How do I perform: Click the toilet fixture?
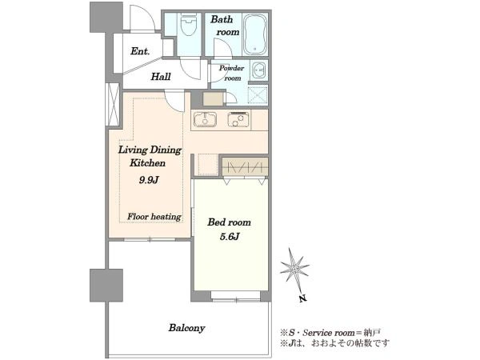(188, 25)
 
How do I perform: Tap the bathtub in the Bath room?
(256, 34)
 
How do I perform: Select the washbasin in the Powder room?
(259, 70)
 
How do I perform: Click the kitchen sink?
(205, 119)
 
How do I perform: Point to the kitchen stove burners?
(238, 119)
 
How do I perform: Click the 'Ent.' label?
(140, 51)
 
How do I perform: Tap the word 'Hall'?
(161, 76)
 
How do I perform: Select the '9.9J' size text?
(149, 180)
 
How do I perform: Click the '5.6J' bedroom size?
(230, 236)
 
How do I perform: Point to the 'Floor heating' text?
(154, 217)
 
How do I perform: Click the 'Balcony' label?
(186, 328)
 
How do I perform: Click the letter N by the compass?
(303, 298)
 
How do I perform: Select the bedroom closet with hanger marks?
(246, 166)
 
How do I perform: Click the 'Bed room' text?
(230, 222)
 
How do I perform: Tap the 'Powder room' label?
(232, 73)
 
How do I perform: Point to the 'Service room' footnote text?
(329, 333)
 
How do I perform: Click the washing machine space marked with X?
(258, 94)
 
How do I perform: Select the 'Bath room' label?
(225, 26)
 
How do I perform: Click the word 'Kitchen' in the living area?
(147, 163)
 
